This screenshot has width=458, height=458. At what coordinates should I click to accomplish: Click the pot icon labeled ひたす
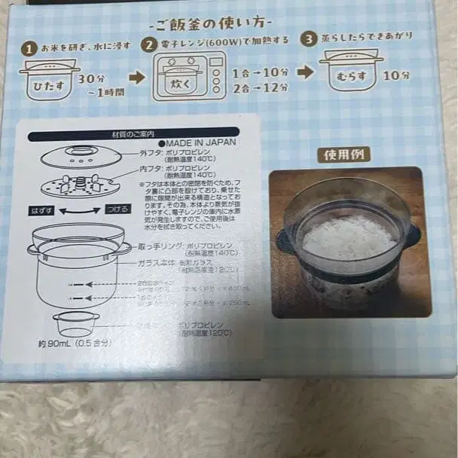[49, 78]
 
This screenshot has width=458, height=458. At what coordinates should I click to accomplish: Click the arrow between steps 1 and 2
[136, 77]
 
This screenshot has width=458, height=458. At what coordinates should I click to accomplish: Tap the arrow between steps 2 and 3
[304, 72]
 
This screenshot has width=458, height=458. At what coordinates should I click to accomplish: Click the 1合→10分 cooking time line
[260, 72]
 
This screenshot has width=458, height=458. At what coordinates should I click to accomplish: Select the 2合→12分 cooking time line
[260, 88]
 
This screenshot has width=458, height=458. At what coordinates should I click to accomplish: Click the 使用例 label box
[343, 155]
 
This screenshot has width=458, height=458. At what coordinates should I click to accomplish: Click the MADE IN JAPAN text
[197, 142]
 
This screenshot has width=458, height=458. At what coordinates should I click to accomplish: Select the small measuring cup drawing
[75, 323]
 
